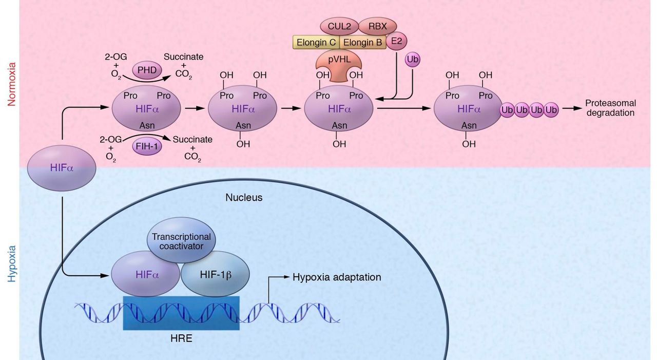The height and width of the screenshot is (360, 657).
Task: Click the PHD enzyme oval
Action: pyautogui.click(x=146, y=70)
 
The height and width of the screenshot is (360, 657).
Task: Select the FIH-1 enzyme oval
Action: pyautogui.click(x=147, y=146)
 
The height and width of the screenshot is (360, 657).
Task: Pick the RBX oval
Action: pyautogui.click(x=377, y=26)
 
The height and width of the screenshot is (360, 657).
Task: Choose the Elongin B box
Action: pyautogui.click(x=362, y=42)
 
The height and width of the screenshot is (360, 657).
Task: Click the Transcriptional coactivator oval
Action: pyautogui.click(x=181, y=241)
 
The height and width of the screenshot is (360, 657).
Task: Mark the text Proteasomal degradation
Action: pyautogui.click(x=610, y=108)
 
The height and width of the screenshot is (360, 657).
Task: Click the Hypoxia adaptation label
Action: pyautogui.click(x=337, y=277)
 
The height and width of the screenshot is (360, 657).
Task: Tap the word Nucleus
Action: pyautogui.click(x=244, y=197)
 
